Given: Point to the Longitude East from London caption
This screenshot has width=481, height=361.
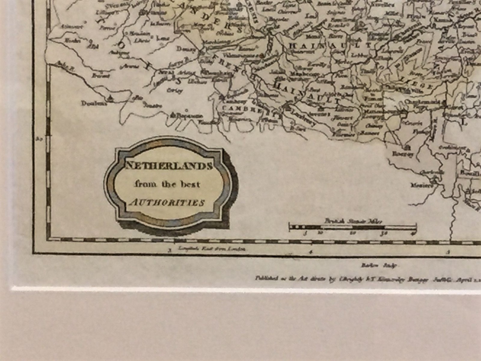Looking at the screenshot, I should [212, 249].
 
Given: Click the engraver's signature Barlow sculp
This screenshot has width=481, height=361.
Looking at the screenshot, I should [379, 266].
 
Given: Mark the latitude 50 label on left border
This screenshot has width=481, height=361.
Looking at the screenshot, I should [39, 139].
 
